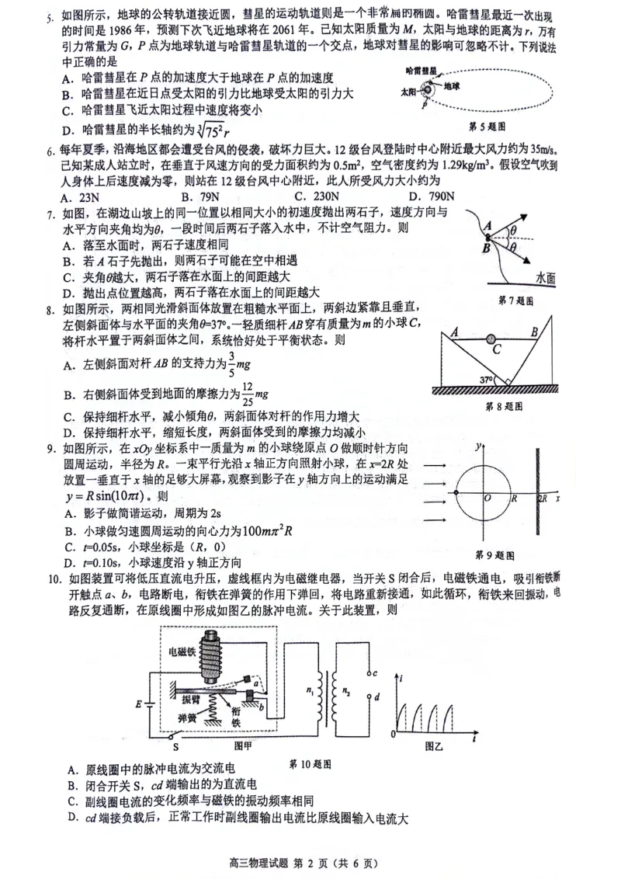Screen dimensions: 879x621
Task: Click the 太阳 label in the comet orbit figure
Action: coord(408,91)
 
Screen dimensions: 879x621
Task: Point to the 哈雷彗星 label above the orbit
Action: coord(421,71)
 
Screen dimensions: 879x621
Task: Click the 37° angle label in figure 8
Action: coord(487,380)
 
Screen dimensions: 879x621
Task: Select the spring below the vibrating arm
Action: coord(207,707)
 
